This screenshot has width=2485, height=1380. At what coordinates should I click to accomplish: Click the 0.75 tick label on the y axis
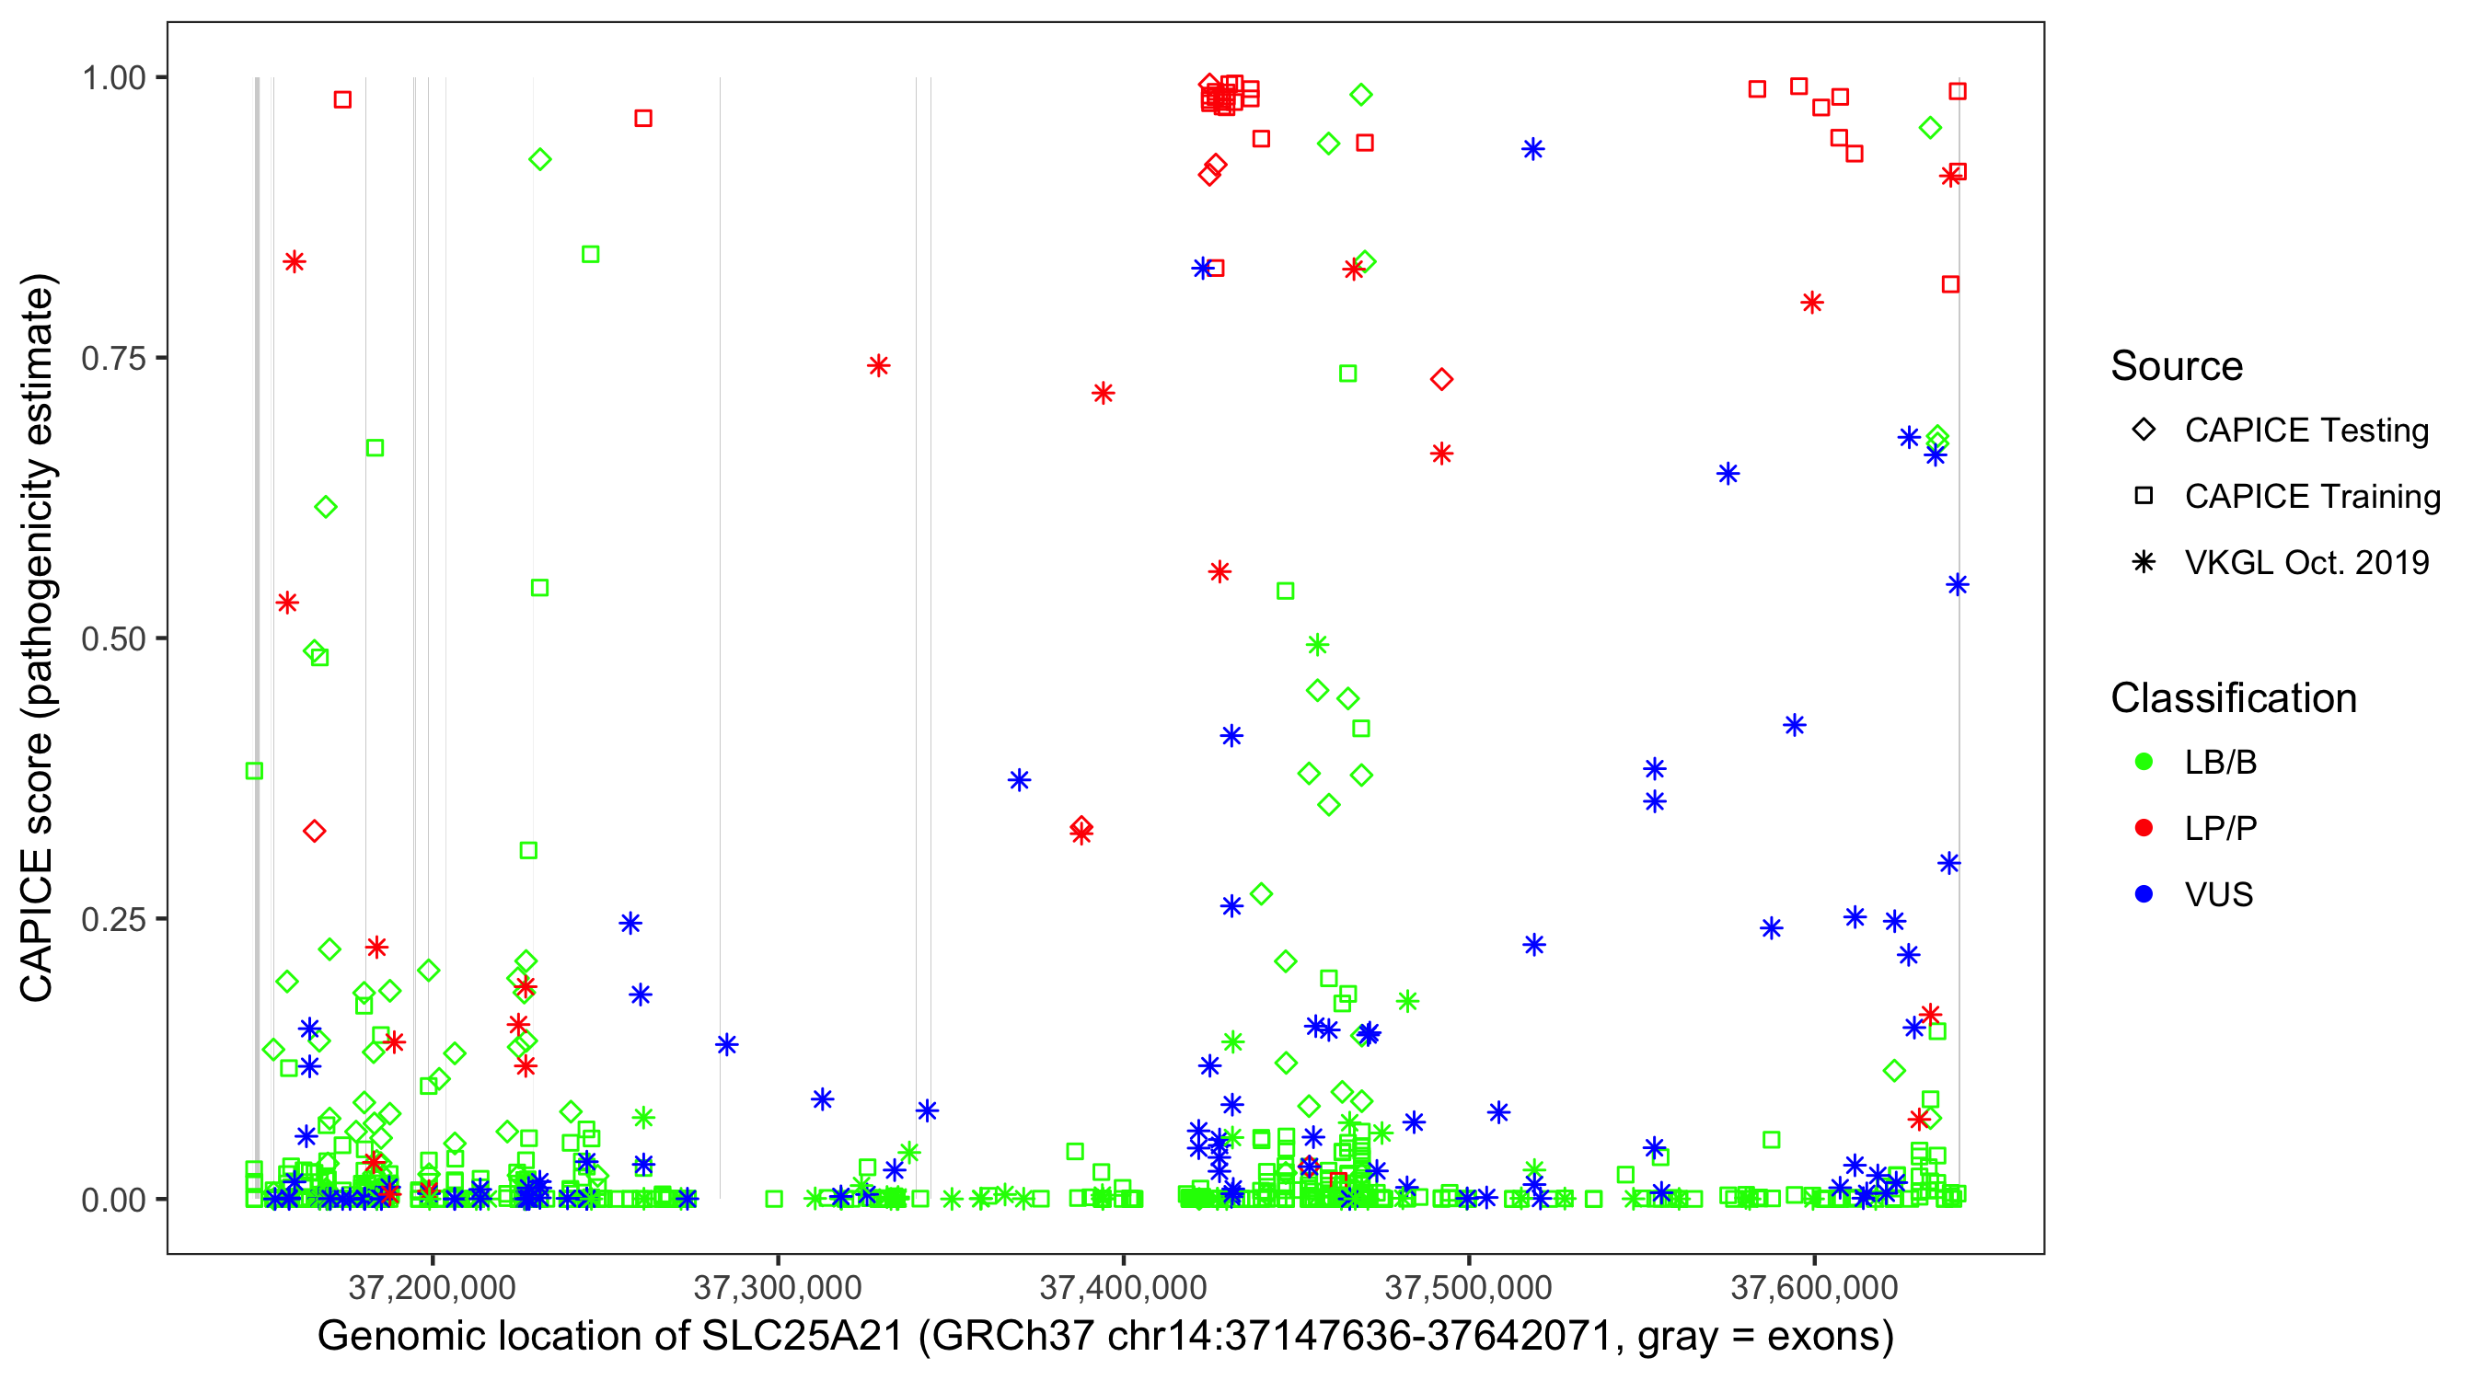point(112,359)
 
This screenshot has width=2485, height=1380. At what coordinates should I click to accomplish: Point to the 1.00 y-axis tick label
point(112,78)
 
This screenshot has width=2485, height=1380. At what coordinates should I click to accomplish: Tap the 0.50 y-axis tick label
point(112,639)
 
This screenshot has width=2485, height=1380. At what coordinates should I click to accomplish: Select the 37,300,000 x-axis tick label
point(778,1287)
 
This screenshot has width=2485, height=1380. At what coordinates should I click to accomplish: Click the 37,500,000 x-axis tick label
point(1468,1287)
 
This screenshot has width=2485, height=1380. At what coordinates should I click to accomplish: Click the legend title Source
point(2177,366)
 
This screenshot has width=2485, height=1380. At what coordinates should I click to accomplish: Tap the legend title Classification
point(2233,698)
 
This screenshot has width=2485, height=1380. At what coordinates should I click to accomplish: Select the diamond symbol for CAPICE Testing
point(2144,431)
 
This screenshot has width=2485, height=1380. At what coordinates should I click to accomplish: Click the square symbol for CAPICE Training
point(2144,497)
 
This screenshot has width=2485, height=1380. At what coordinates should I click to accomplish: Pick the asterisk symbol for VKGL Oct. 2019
point(2144,562)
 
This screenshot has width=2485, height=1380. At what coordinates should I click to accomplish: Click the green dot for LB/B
point(2144,763)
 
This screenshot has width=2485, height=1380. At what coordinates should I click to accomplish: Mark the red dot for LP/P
point(2144,828)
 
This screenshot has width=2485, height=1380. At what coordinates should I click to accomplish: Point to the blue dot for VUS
point(2144,895)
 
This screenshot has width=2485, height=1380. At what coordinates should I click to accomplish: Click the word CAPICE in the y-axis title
point(37,926)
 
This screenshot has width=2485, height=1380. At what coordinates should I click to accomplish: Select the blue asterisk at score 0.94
point(1532,149)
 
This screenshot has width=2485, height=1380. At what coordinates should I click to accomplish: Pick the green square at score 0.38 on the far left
point(255,772)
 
